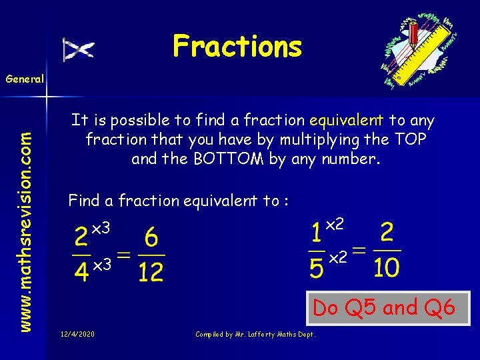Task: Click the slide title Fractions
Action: pos(237,47)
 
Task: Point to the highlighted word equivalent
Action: pos(346,121)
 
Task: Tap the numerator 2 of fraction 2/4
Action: pos(81,237)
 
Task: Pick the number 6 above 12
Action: pos(151,237)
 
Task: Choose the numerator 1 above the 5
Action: pos(317,233)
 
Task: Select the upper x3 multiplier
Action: pos(100,229)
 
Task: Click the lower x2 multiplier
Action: pos(338,256)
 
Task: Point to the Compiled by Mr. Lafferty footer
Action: pos(255,333)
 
